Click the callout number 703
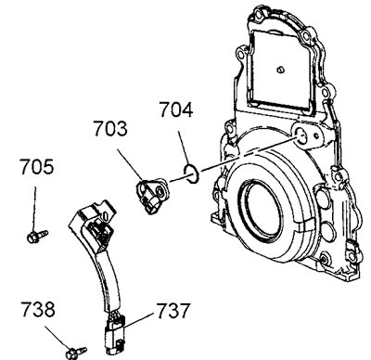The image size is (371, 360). tap(110, 129)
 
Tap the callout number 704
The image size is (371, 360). tap(176, 109)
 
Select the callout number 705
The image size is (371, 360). tap(37, 166)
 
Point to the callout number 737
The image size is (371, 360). tap(173, 311)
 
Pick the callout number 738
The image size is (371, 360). tap(38, 310)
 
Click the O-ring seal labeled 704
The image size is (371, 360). tap(191, 174)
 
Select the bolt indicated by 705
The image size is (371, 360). tap(37, 237)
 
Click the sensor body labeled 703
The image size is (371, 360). tap(153, 196)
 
